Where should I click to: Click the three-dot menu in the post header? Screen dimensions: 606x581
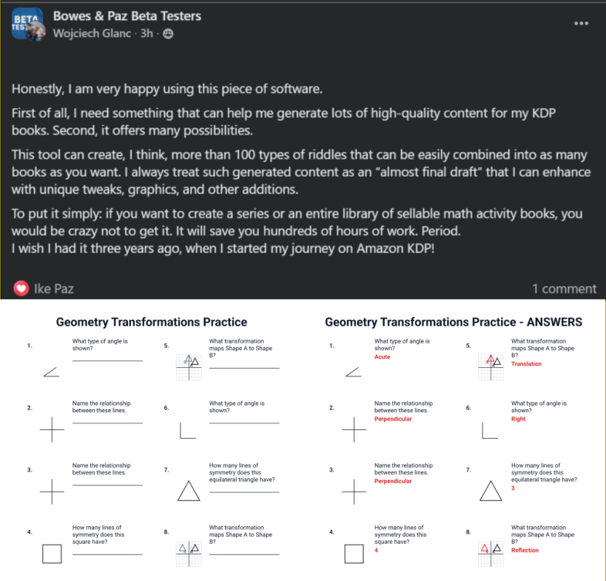tap(581, 24)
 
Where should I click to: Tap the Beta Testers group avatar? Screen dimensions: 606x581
tap(28, 24)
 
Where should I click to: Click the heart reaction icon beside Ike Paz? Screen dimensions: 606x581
tap(21, 289)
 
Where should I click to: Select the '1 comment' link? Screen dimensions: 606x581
tap(565, 289)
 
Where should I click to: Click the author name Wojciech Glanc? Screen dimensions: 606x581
tap(92, 33)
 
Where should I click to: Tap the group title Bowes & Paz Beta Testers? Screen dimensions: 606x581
tap(127, 16)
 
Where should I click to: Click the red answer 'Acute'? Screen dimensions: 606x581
tap(383, 357)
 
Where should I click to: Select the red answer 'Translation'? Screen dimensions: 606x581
tap(526, 363)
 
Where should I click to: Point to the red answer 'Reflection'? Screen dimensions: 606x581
tap(525, 550)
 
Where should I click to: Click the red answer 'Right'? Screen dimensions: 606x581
tap(518, 419)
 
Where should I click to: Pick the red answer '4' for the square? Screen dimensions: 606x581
tap(376, 550)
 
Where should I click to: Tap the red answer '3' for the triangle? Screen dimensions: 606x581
tap(513, 488)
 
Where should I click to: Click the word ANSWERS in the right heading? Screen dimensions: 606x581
tap(555, 322)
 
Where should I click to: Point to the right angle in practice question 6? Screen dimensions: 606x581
tap(181, 437)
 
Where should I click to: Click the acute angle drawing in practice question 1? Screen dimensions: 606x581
tap(50, 372)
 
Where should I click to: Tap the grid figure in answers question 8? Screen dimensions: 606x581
tap(491, 554)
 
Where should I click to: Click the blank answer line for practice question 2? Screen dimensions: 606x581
tap(107, 423)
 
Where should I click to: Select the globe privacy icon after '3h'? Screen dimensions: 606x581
tap(168, 34)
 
